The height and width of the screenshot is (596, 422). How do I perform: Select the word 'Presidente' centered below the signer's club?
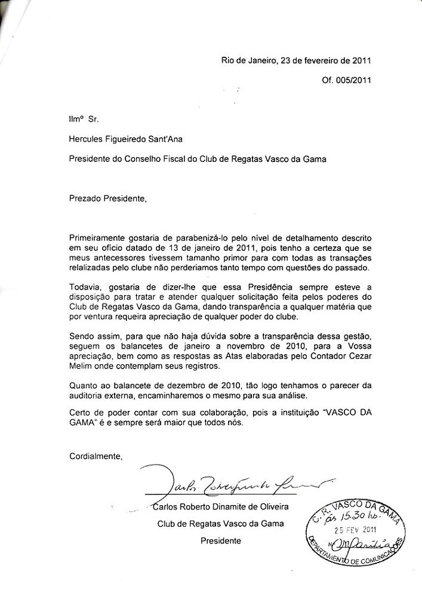click(x=221, y=540)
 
